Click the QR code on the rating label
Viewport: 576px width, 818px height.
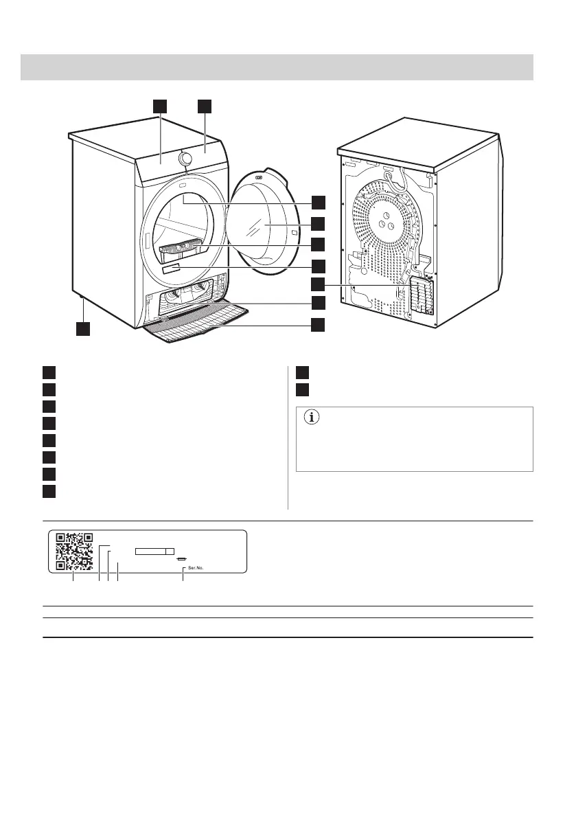click(73, 552)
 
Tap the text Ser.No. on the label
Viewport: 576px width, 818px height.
click(195, 568)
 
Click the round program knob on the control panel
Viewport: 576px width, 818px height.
click(185, 159)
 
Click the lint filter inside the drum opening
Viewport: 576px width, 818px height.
click(181, 247)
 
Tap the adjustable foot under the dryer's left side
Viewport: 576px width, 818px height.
click(82, 299)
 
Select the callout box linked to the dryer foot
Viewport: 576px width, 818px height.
click(82, 329)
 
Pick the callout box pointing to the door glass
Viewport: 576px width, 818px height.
click(318, 223)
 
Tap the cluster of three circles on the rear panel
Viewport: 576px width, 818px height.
click(382, 223)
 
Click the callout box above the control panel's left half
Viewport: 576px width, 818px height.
click(159, 106)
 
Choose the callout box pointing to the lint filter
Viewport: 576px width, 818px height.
click(318, 244)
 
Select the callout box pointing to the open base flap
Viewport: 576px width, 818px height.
click(318, 325)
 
